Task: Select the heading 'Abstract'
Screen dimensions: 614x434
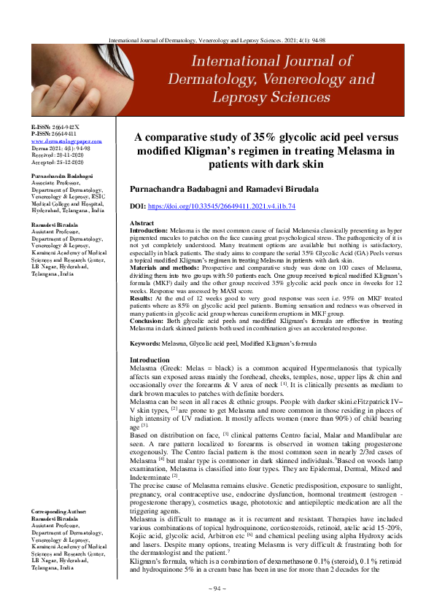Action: click(x=142, y=222)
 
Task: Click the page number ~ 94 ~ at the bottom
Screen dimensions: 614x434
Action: click(x=217, y=588)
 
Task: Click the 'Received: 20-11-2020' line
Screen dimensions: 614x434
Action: click(x=55, y=154)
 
